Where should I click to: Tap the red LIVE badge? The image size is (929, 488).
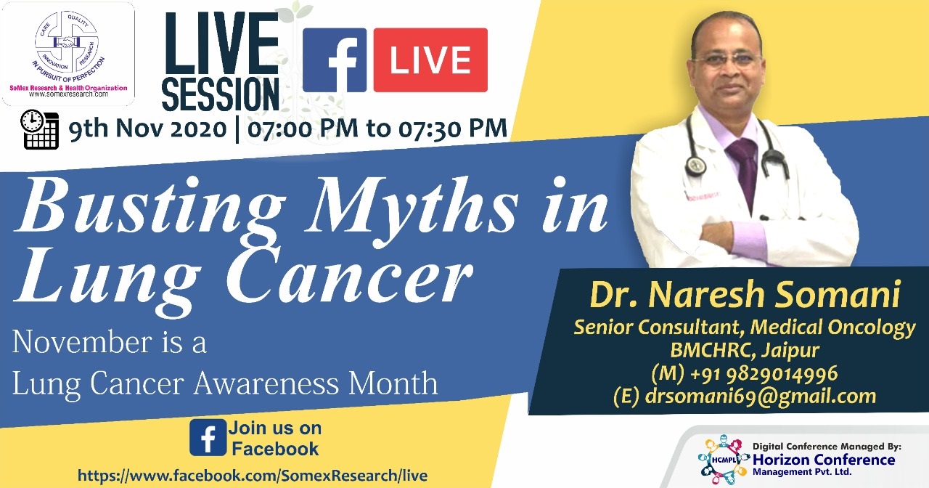point(430,60)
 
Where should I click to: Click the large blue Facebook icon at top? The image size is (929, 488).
point(335,60)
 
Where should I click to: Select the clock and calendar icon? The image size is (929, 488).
point(39,129)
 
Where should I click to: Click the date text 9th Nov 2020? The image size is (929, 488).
point(148,129)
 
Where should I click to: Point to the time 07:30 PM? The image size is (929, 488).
point(453,129)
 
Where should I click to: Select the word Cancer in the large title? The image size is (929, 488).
point(349,276)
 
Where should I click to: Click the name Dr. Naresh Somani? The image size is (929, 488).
point(745,295)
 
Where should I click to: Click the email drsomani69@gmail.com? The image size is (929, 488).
point(761,396)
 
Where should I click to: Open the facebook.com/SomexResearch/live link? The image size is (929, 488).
point(253,475)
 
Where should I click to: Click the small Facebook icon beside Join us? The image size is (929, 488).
point(208,437)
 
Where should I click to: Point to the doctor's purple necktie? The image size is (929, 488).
point(745,170)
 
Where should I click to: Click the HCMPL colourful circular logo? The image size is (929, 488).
point(724,460)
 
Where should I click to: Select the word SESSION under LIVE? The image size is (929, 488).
point(220,94)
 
